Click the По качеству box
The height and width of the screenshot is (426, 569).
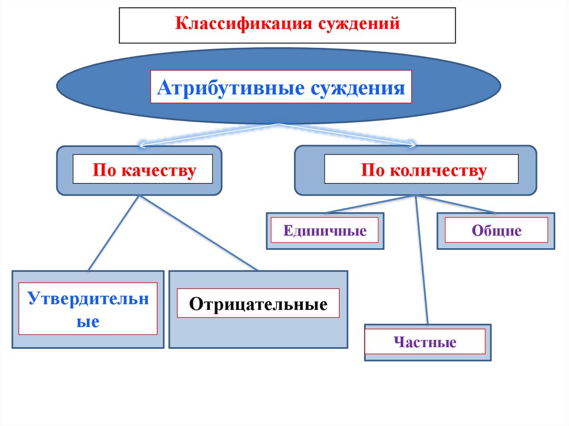coord(144,170)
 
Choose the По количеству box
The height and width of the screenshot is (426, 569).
coord(422,170)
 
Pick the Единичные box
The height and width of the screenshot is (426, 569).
coord(325,230)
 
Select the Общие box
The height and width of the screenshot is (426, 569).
coord(496,230)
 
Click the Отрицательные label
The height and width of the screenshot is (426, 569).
coord(258,304)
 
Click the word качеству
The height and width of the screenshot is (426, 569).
coord(163,170)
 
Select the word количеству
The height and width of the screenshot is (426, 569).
coord(442,170)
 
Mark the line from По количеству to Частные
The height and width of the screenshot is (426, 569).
coord(422,261)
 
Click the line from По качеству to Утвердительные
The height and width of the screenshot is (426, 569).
coord(113,233)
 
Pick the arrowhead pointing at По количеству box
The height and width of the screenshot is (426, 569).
coord(412,146)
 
